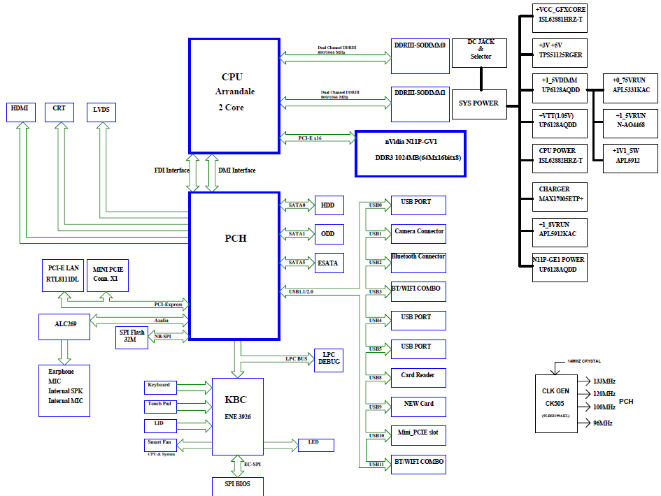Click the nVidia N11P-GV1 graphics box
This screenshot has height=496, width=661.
pyautogui.click(x=410, y=148)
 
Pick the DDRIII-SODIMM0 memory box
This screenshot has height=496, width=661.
pyautogui.click(x=420, y=55)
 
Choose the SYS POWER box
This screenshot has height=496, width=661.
pyautogui.click(x=478, y=103)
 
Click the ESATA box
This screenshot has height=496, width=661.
pyautogui.click(x=329, y=263)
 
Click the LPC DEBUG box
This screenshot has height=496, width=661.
pyautogui.click(x=329, y=360)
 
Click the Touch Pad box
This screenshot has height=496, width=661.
pyautogui.click(x=160, y=406)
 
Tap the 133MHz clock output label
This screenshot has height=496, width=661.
pyautogui.click(x=604, y=381)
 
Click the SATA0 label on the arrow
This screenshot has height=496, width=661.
pyautogui.click(x=297, y=205)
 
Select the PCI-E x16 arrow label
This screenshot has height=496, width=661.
pyautogui.click(x=310, y=138)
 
